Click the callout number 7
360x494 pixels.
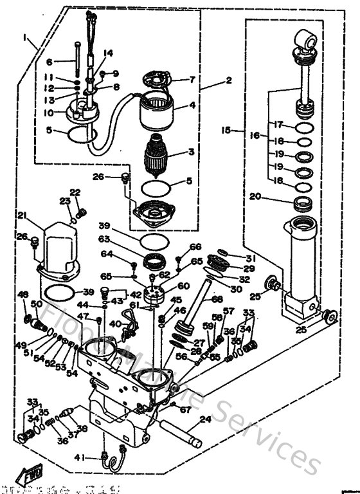click(192, 80)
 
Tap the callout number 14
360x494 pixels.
click(108, 53)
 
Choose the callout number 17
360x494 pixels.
click(278, 123)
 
